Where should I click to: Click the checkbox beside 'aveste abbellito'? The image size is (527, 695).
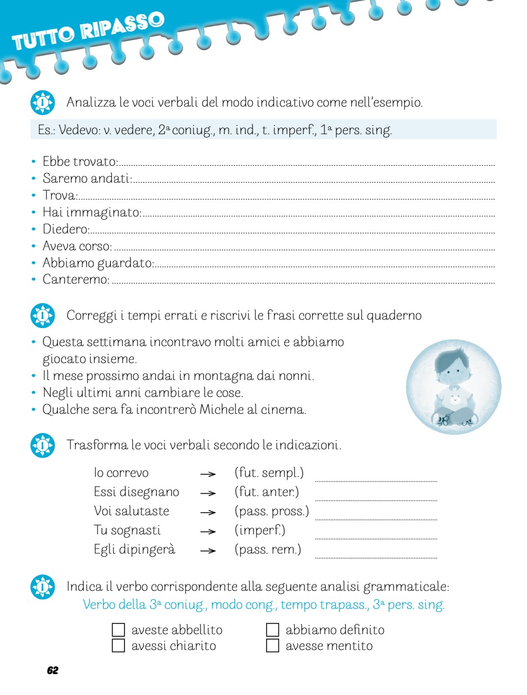click(118, 630)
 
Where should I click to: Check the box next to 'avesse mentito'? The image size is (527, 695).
click(273, 645)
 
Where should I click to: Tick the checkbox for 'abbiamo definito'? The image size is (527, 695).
click(273, 630)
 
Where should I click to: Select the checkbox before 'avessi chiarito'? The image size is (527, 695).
click(118, 645)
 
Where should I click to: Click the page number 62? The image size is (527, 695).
click(52, 670)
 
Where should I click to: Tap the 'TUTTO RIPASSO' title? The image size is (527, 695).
click(89, 32)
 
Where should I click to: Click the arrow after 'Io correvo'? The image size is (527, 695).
click(208, 474)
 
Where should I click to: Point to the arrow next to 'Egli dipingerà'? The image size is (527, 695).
click(208, 551)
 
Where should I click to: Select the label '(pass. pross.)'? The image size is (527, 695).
click(272, 511)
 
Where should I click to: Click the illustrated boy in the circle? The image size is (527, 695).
click(453, 386)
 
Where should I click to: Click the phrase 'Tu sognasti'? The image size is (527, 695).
click(127, 530)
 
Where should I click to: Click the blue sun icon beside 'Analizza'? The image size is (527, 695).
click(42, 103)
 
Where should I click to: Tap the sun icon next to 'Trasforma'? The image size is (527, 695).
click(42, 445)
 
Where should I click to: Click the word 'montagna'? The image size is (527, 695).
click(191, 376)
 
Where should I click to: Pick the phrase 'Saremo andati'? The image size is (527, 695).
click(87, 179)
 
